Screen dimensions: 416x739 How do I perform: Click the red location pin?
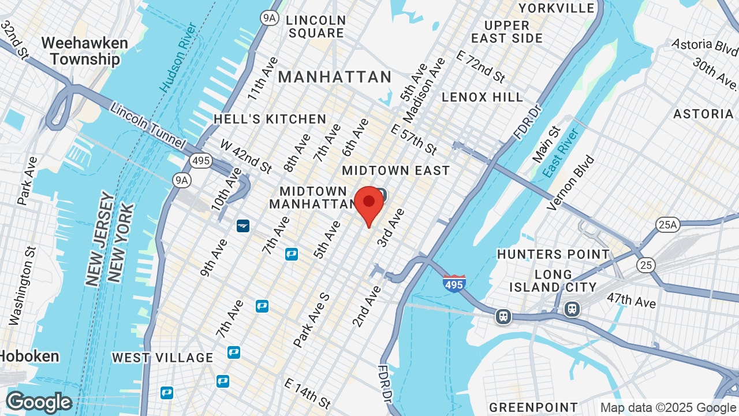click(369, 206)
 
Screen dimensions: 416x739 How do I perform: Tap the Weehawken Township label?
click(84, 51)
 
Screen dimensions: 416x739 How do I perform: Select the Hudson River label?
click(180, 58)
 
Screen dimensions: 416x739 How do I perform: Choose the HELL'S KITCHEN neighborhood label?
click(270, 119)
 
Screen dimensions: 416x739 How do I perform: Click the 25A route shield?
click(667, 225)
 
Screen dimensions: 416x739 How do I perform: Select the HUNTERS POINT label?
click(553, 254)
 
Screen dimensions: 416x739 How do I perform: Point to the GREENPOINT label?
click(533, 408)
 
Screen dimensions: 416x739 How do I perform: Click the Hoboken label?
click(29, 356)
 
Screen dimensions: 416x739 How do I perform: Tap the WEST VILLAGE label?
click(163, 358)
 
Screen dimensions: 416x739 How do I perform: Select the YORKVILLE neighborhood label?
click(557, 8)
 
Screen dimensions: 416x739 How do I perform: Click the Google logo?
click(39, 402)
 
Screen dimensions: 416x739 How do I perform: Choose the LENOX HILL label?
click(483, 97)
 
